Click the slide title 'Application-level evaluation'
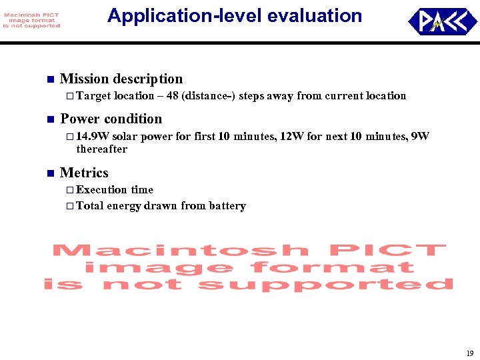point(235,16)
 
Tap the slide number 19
point(469,353)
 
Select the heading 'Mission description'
point(121,79)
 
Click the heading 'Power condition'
point(111,119)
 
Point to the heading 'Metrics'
point(84,173)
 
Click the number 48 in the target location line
point(172,96)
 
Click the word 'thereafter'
point(101,149)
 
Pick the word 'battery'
point(227,206)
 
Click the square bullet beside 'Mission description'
point(49,79)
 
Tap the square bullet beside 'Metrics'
point(49,173)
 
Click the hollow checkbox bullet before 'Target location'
point(70,96)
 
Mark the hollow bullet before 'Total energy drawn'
point(70,206)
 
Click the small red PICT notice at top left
point(31,20)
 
